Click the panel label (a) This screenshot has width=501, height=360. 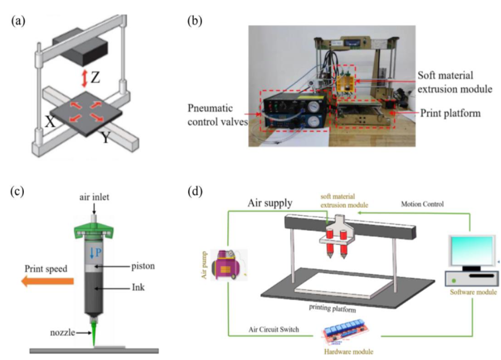tap(18, 21)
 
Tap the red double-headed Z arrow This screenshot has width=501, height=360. tap(84, 79)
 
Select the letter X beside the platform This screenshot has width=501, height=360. tap(50, 122)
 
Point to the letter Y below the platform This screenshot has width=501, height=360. tap(105, 137)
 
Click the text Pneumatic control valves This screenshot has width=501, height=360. tap(217, 115)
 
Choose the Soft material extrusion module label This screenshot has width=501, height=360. tap(454, 82)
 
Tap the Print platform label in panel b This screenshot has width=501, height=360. tap(450, 113)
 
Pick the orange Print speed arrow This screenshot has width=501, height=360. tap(47, 281)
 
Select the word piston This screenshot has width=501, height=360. tap(143, 266)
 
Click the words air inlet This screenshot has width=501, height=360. tap(94, 197)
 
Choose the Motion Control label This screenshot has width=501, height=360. tap(422, 204)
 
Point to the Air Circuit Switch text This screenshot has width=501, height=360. tap(274, 329)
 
